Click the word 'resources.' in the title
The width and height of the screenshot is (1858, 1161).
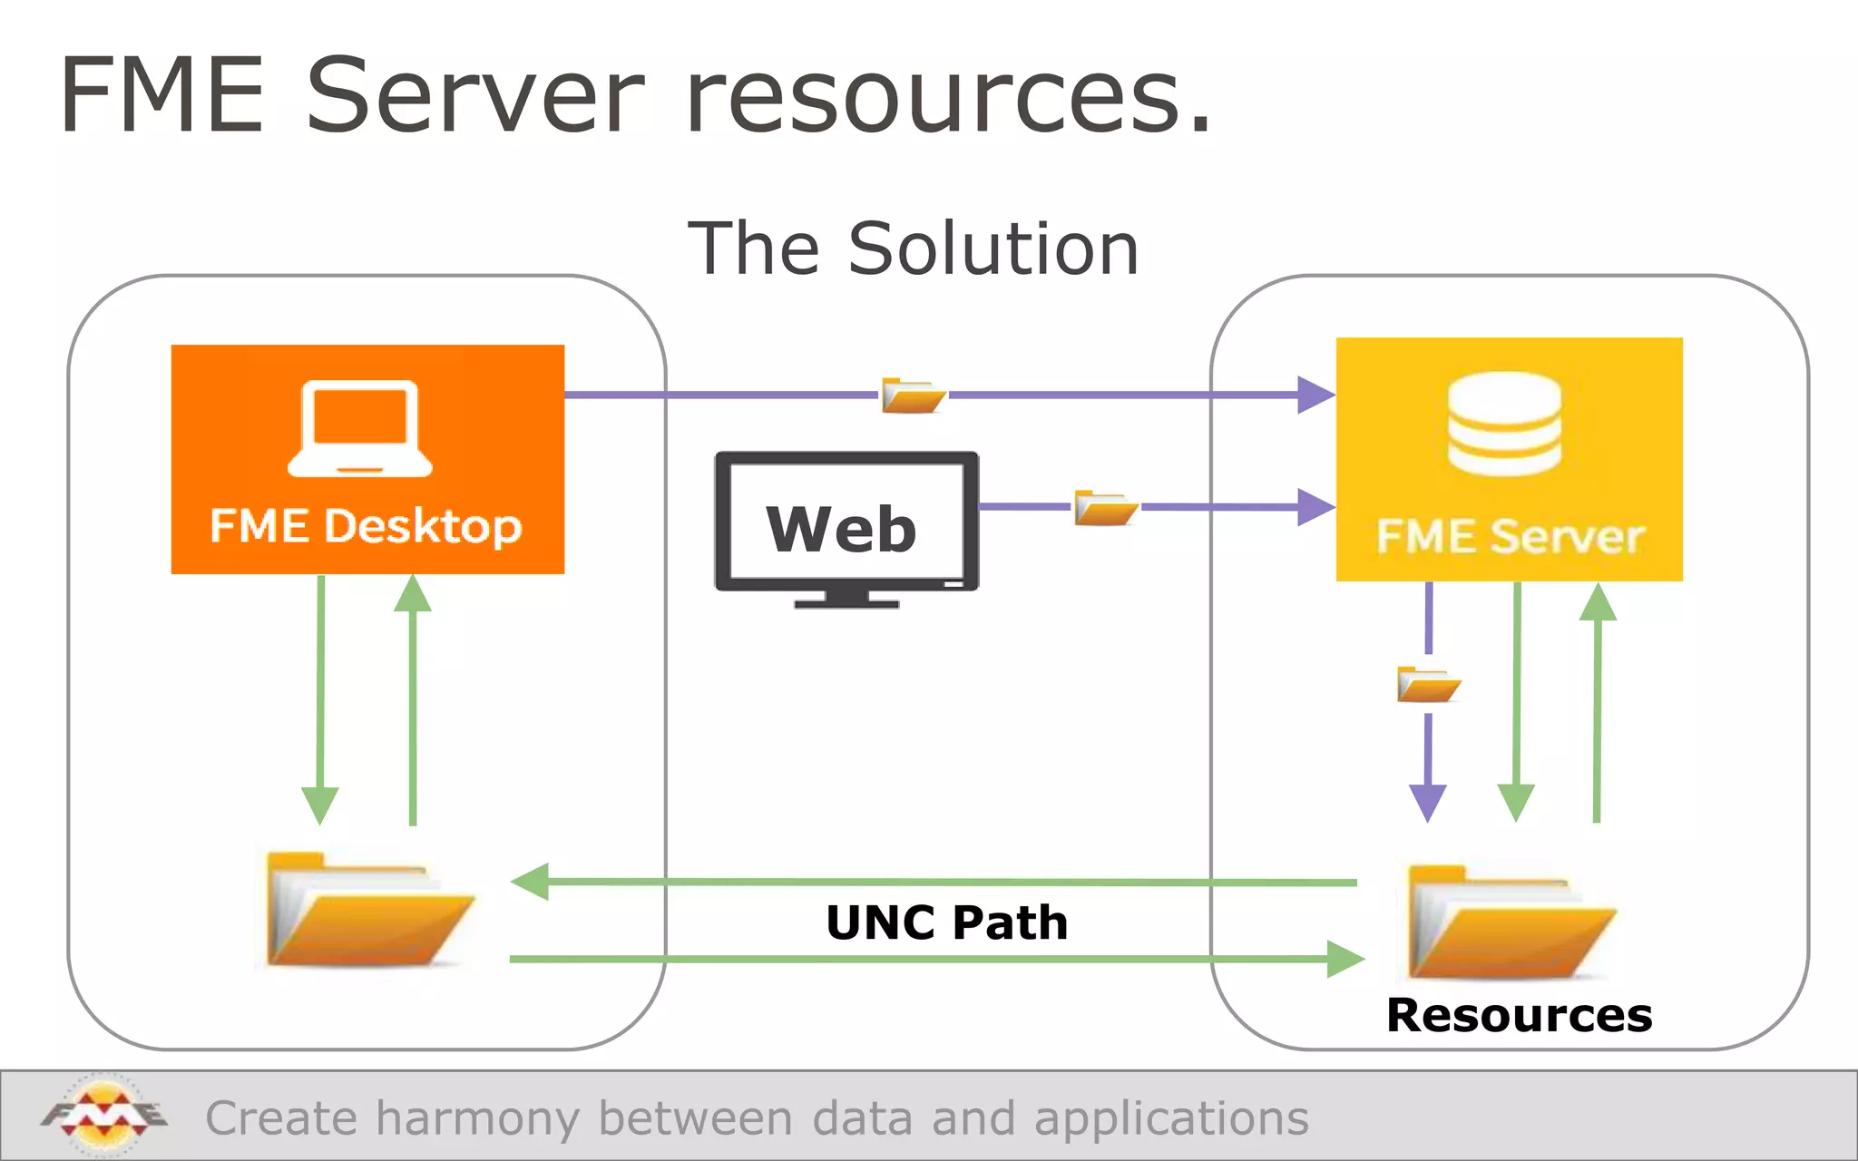(x=948, y=98)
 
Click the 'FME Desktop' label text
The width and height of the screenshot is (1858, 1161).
(x=366, y=526)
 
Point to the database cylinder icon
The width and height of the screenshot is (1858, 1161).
(x=1504, y=424)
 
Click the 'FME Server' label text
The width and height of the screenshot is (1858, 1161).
(x=1510, y=536)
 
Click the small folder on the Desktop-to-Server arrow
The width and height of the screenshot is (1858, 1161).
(x=913, y=395)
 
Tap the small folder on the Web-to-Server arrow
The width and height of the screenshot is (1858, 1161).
(x=1104, y=507)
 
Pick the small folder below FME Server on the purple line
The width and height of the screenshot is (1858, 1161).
(x=1428, y=685)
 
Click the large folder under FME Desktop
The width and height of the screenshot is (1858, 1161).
(x=367, y=910)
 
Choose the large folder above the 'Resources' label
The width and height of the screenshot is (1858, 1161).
(x=1509, y=922)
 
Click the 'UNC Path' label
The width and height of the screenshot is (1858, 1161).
(x=946, y=922)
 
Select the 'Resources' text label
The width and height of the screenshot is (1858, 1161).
(x=1519, y=1015)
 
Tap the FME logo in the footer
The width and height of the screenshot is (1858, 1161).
(x=103, y=1115)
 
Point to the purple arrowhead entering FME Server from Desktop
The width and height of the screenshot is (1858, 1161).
(x=1315, y=395)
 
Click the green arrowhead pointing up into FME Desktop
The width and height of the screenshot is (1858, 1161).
(x=413, y=594)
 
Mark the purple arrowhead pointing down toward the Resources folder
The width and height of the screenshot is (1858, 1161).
(x=1428, y=802)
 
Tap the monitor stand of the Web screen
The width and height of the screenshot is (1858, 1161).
(x=846, y=599)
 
